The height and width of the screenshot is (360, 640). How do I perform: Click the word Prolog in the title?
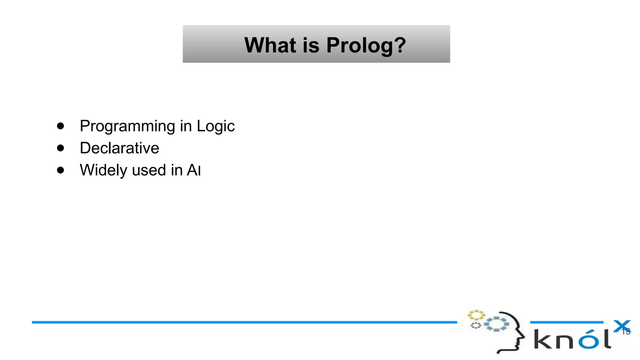359,46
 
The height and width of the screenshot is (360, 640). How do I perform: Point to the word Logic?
215,127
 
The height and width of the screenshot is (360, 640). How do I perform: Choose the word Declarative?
119,148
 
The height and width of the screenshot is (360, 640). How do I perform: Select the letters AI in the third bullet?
193,170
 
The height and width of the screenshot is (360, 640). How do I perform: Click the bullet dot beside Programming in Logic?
61,126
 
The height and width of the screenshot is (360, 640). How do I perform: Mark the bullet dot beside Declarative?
61,148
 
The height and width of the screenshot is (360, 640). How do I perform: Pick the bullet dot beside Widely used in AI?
61,170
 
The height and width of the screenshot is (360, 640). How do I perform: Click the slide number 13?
626,332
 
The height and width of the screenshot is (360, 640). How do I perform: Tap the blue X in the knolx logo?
622,326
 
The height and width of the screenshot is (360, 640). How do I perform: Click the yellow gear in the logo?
476,315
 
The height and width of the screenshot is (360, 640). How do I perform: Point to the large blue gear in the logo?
496,324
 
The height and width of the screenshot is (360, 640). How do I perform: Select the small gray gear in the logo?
476,326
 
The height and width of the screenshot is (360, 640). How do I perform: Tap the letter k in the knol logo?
543,340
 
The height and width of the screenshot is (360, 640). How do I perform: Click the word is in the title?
311,45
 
